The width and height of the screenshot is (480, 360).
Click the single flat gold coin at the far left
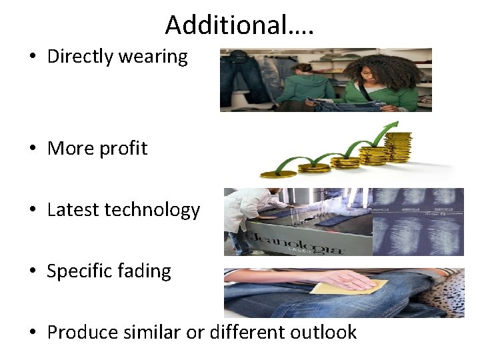(278, 173)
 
